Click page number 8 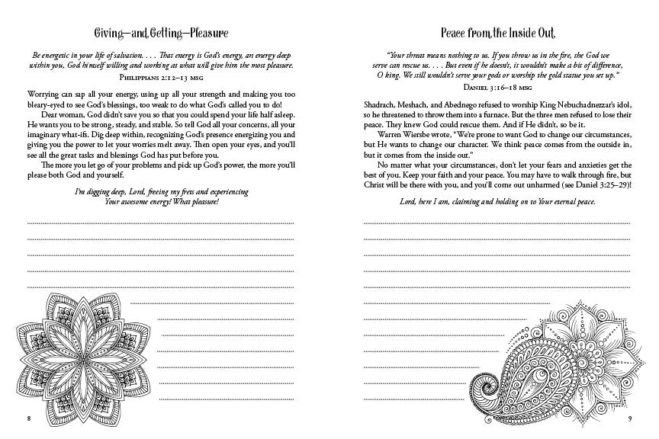[x=27, y=418]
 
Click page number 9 [x=630, y=418]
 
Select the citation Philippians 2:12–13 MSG [x=160, y=77]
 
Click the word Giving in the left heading [x=110, y=34]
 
